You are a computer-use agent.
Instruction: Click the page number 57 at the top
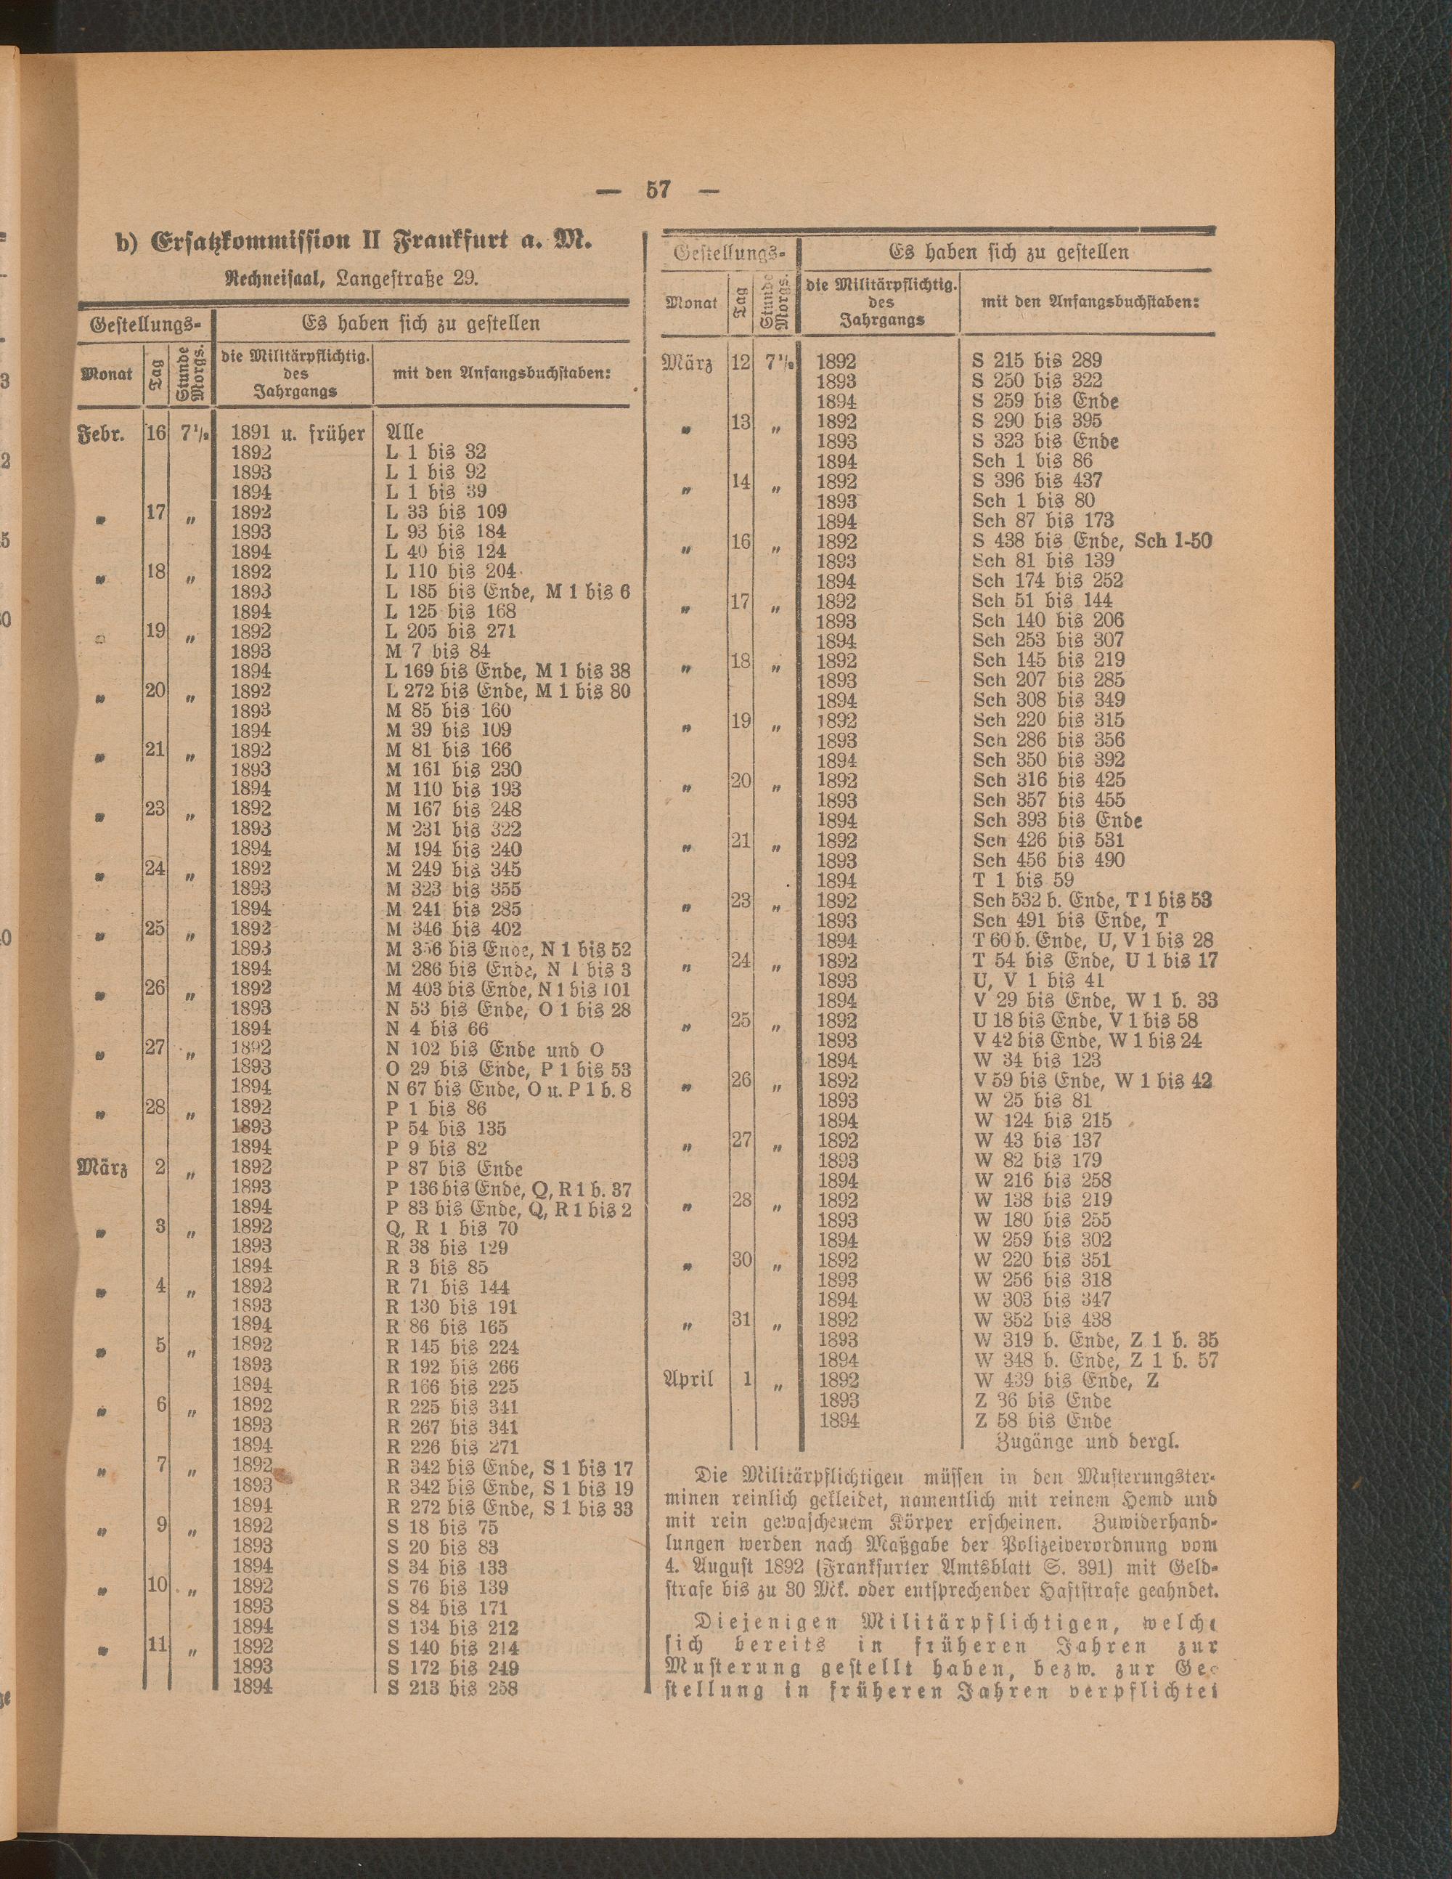pos(658,190)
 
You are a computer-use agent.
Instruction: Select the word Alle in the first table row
pos(406,432)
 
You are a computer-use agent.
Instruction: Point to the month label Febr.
pos(102,432)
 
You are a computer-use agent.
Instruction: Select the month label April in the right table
pos(688,1379)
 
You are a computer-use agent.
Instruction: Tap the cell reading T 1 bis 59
pos(1024,880)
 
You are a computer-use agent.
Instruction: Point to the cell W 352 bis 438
pos(1043,1320)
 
